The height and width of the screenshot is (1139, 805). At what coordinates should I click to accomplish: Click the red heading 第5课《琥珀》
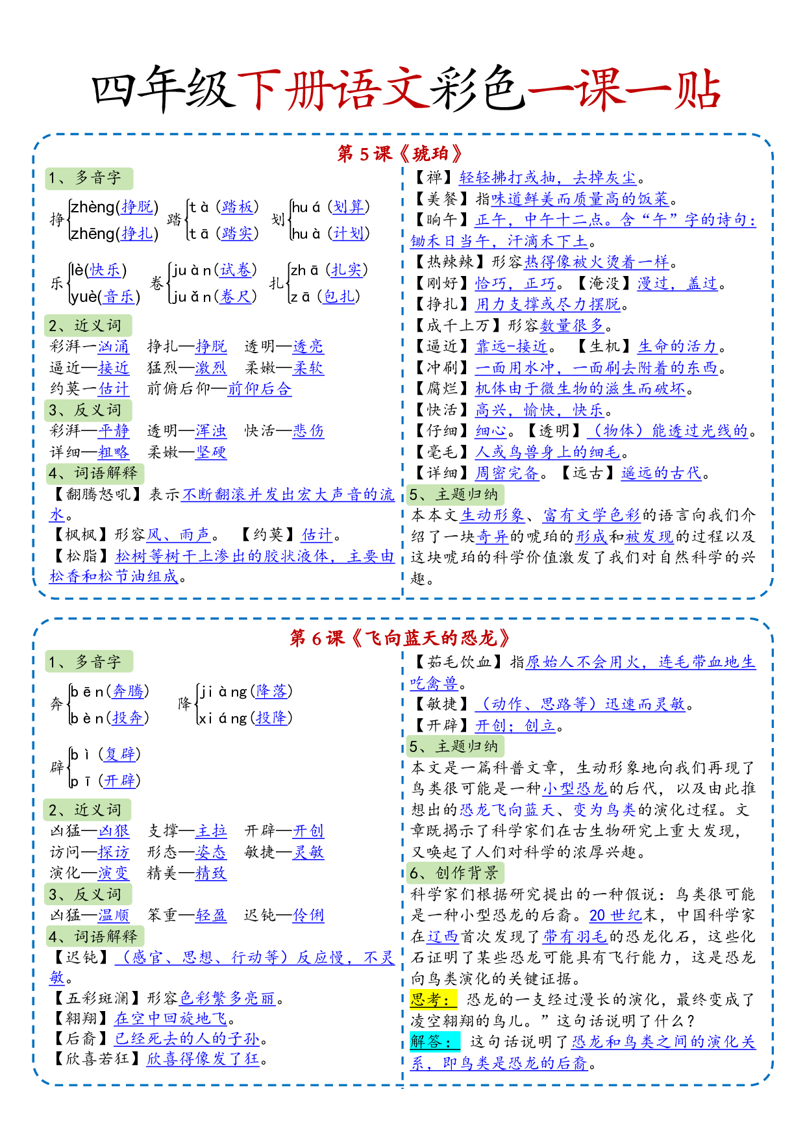401,154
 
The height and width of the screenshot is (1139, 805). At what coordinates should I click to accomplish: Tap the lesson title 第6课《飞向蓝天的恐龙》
401,638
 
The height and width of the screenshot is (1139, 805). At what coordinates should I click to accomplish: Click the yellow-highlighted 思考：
433,999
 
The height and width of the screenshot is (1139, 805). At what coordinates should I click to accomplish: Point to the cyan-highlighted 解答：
434,1042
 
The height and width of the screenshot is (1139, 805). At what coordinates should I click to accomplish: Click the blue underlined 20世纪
615,915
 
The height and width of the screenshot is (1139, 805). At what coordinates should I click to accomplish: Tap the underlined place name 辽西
443,936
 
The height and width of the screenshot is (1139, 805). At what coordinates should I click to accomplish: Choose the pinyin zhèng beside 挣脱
92,207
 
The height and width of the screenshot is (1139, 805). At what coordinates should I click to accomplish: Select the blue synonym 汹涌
114,347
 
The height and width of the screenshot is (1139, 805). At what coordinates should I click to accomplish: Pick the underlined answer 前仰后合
259,389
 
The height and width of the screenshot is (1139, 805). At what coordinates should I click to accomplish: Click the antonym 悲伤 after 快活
308,431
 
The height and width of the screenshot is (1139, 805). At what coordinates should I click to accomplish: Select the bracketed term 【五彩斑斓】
97,998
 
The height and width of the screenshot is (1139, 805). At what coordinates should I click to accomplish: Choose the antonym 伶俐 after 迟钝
308,915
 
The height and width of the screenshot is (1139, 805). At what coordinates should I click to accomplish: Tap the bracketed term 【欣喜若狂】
97,1059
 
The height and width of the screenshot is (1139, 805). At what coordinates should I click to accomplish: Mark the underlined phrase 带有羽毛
575,936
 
